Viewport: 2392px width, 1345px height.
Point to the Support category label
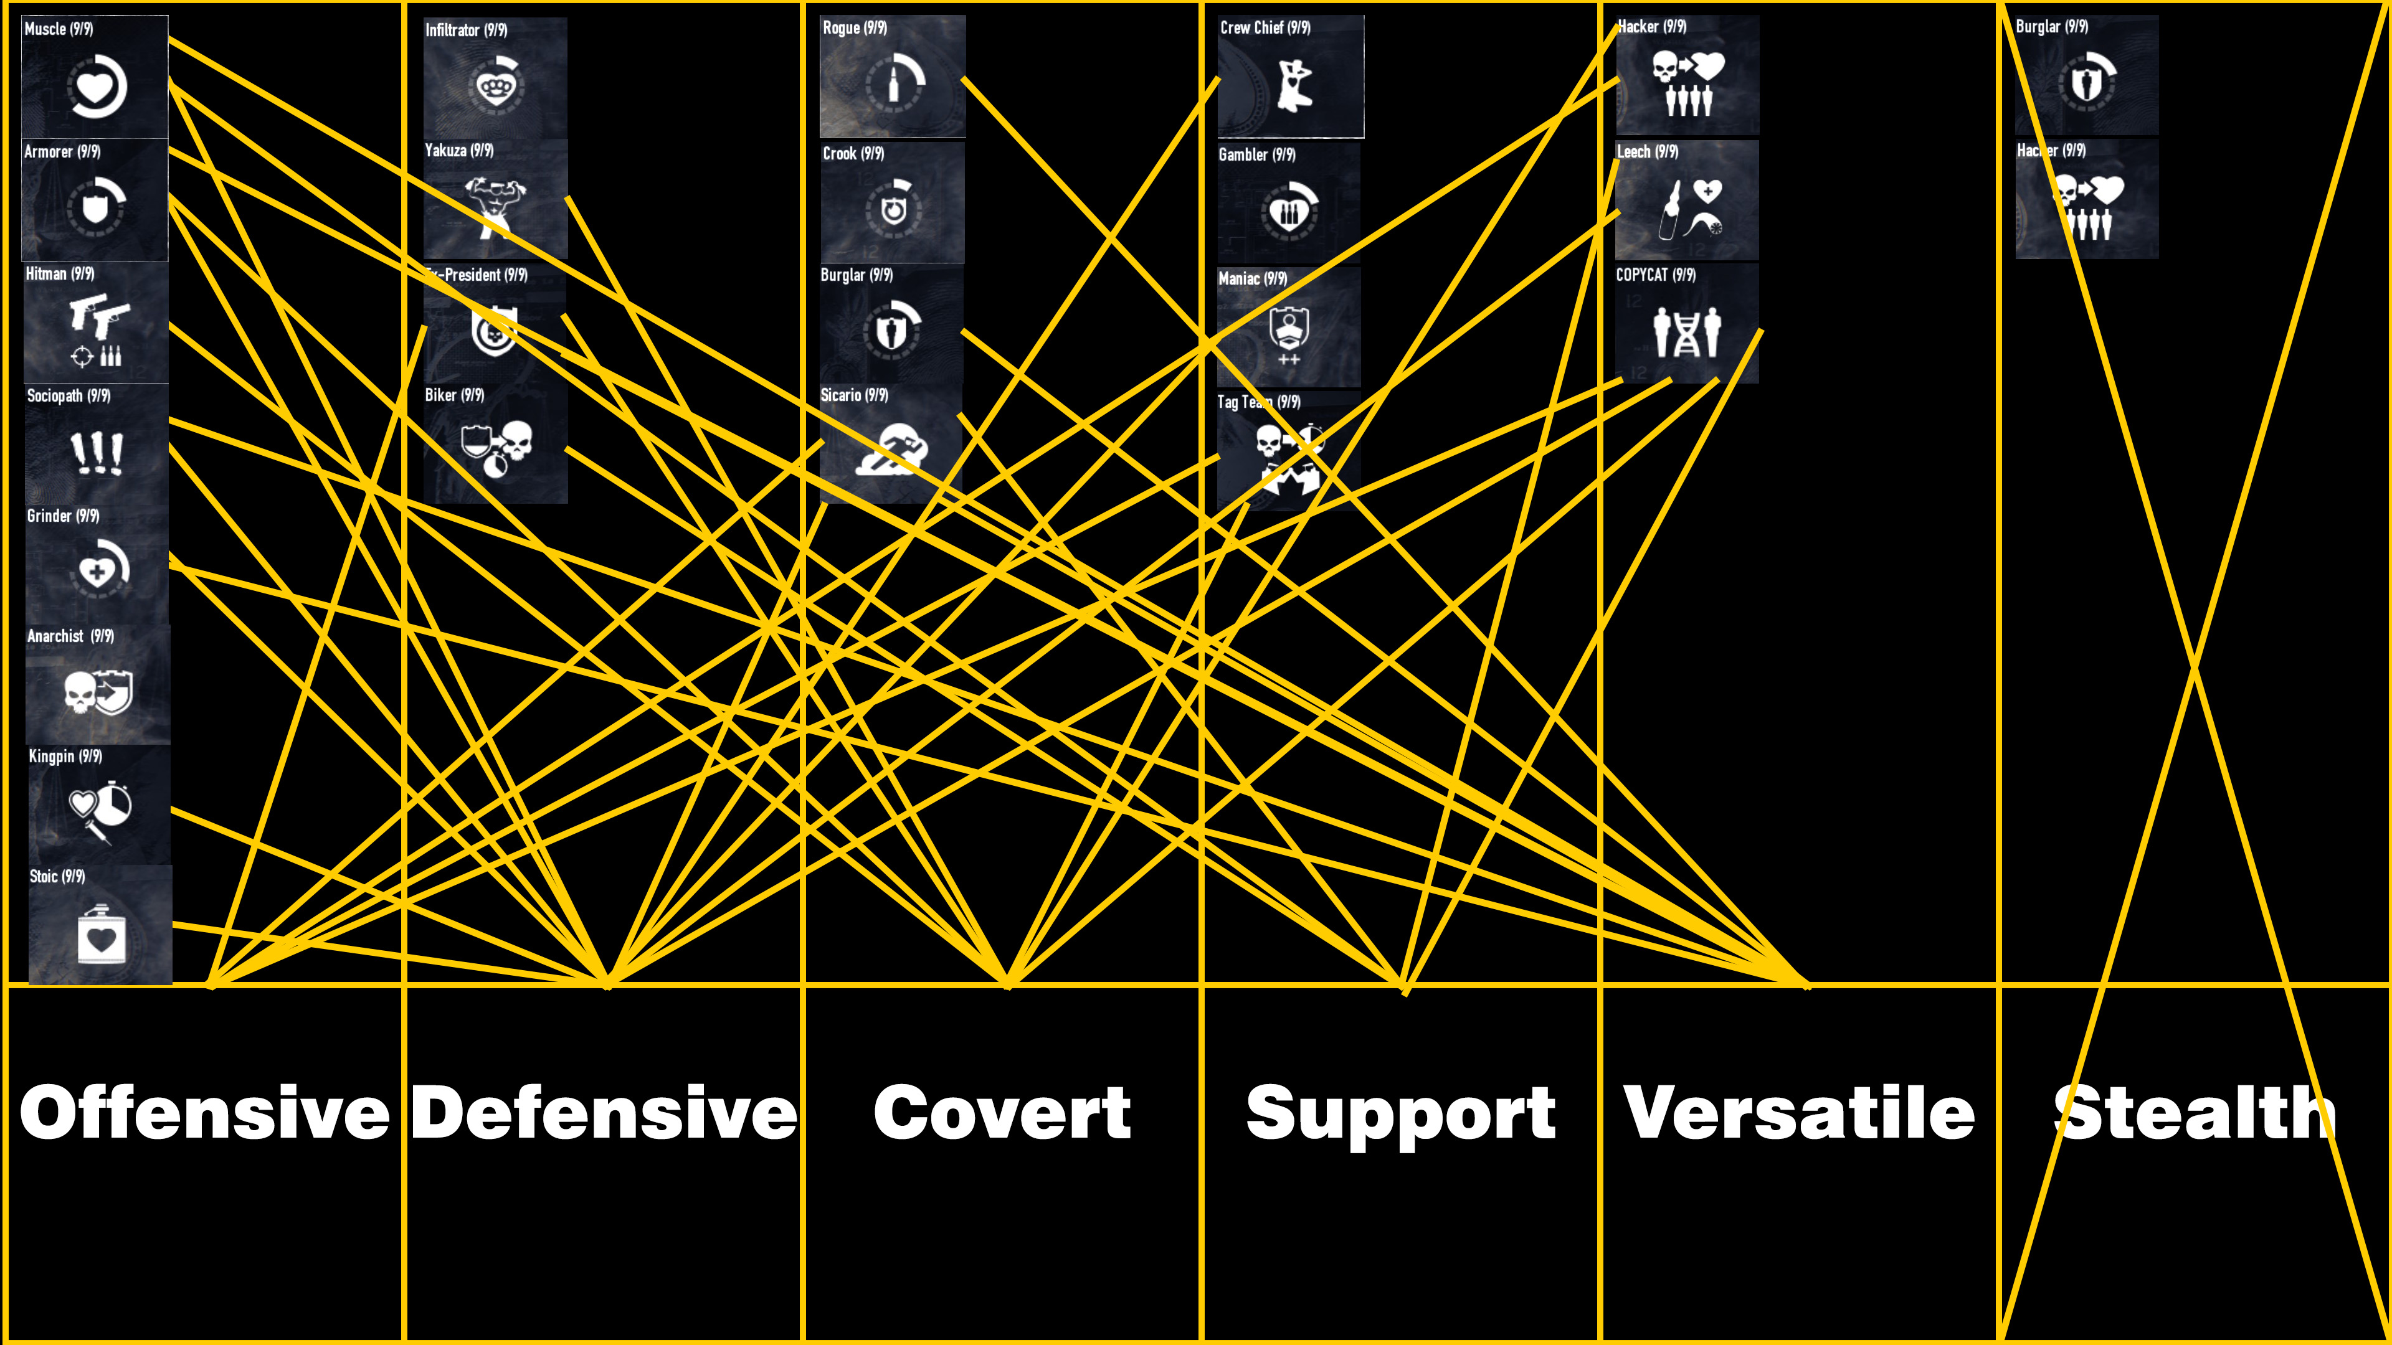1400,1114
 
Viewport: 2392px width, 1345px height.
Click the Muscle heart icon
97,87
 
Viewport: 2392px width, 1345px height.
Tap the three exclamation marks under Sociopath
97,453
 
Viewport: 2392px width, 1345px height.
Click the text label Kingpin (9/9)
65,757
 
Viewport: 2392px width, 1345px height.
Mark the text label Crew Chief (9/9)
1265,28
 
